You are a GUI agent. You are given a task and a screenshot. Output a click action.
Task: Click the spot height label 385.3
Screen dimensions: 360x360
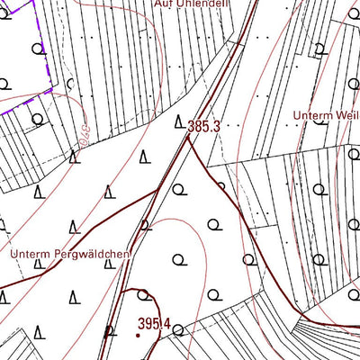pos(204,127)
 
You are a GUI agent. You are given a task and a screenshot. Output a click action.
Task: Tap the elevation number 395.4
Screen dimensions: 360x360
pos(154,322)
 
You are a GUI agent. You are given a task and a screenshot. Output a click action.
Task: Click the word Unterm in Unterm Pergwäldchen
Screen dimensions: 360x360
pos(31,255)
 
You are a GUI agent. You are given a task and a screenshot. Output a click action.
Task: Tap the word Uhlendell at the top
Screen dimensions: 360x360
pos(204,4)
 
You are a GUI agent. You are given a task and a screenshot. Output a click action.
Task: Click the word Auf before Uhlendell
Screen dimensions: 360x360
pos(163,4)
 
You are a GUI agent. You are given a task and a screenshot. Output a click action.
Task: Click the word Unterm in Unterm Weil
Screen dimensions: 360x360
pos(312,115)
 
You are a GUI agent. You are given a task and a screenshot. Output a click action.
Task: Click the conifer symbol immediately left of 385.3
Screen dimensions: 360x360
pos(179,122)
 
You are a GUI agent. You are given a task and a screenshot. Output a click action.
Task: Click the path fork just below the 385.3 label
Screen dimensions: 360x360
pos(192,144)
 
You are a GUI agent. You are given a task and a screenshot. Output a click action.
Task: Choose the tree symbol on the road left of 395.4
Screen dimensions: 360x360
pos(110,331)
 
